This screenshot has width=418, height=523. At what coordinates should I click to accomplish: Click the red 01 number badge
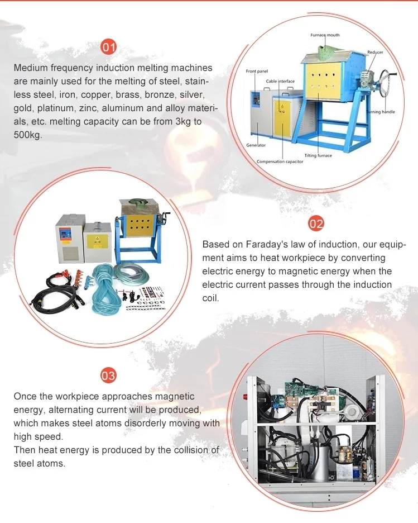(x=108, y=47)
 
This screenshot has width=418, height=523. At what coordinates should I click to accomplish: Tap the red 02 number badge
(x=316, y=223)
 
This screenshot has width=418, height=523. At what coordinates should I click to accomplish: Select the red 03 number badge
(x=108, y=375)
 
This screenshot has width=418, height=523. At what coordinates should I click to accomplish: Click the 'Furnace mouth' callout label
(x=325, y=35)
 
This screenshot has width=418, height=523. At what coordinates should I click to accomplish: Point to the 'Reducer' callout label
(x=375, y=52)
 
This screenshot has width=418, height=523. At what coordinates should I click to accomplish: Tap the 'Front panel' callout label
(x=257, y=71)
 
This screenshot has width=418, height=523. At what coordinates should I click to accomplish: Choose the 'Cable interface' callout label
(x=280, y=81)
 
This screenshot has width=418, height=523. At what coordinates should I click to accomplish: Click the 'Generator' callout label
(x=256, y=145)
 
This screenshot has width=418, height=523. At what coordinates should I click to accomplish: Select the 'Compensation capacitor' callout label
(x=280, y=161)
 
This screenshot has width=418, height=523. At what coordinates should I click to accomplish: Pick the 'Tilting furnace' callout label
(x=318, y=155)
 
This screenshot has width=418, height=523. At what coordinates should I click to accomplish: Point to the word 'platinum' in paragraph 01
(x=55, y=108)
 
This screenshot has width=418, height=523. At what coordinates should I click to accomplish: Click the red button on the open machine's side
(x=245, y=397)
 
